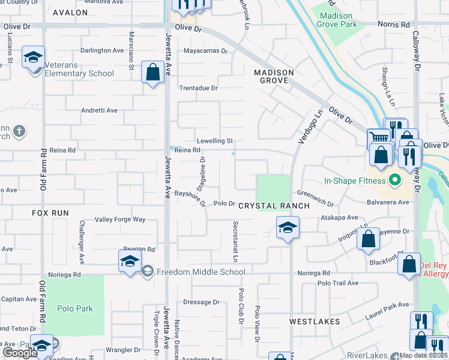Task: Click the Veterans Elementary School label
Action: click(80, 74)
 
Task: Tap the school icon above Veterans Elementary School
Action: click(34, 57)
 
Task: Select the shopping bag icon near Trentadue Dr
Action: click(153, 73)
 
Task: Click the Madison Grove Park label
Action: click(339, 20)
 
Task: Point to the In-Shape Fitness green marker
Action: click(394, 180)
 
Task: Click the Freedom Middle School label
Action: click(200, 272)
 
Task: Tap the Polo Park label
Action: click(75, 308)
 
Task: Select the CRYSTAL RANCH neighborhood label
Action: click(274, 206)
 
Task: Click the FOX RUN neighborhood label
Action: click(51, 213)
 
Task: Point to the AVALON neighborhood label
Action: click(70, 12)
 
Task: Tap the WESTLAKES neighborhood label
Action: click(315, 322)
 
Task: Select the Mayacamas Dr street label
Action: click(206, 51)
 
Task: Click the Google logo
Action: click(20, 353)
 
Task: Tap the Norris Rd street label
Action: click(393, 25)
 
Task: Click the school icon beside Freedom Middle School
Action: click(129, 262)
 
